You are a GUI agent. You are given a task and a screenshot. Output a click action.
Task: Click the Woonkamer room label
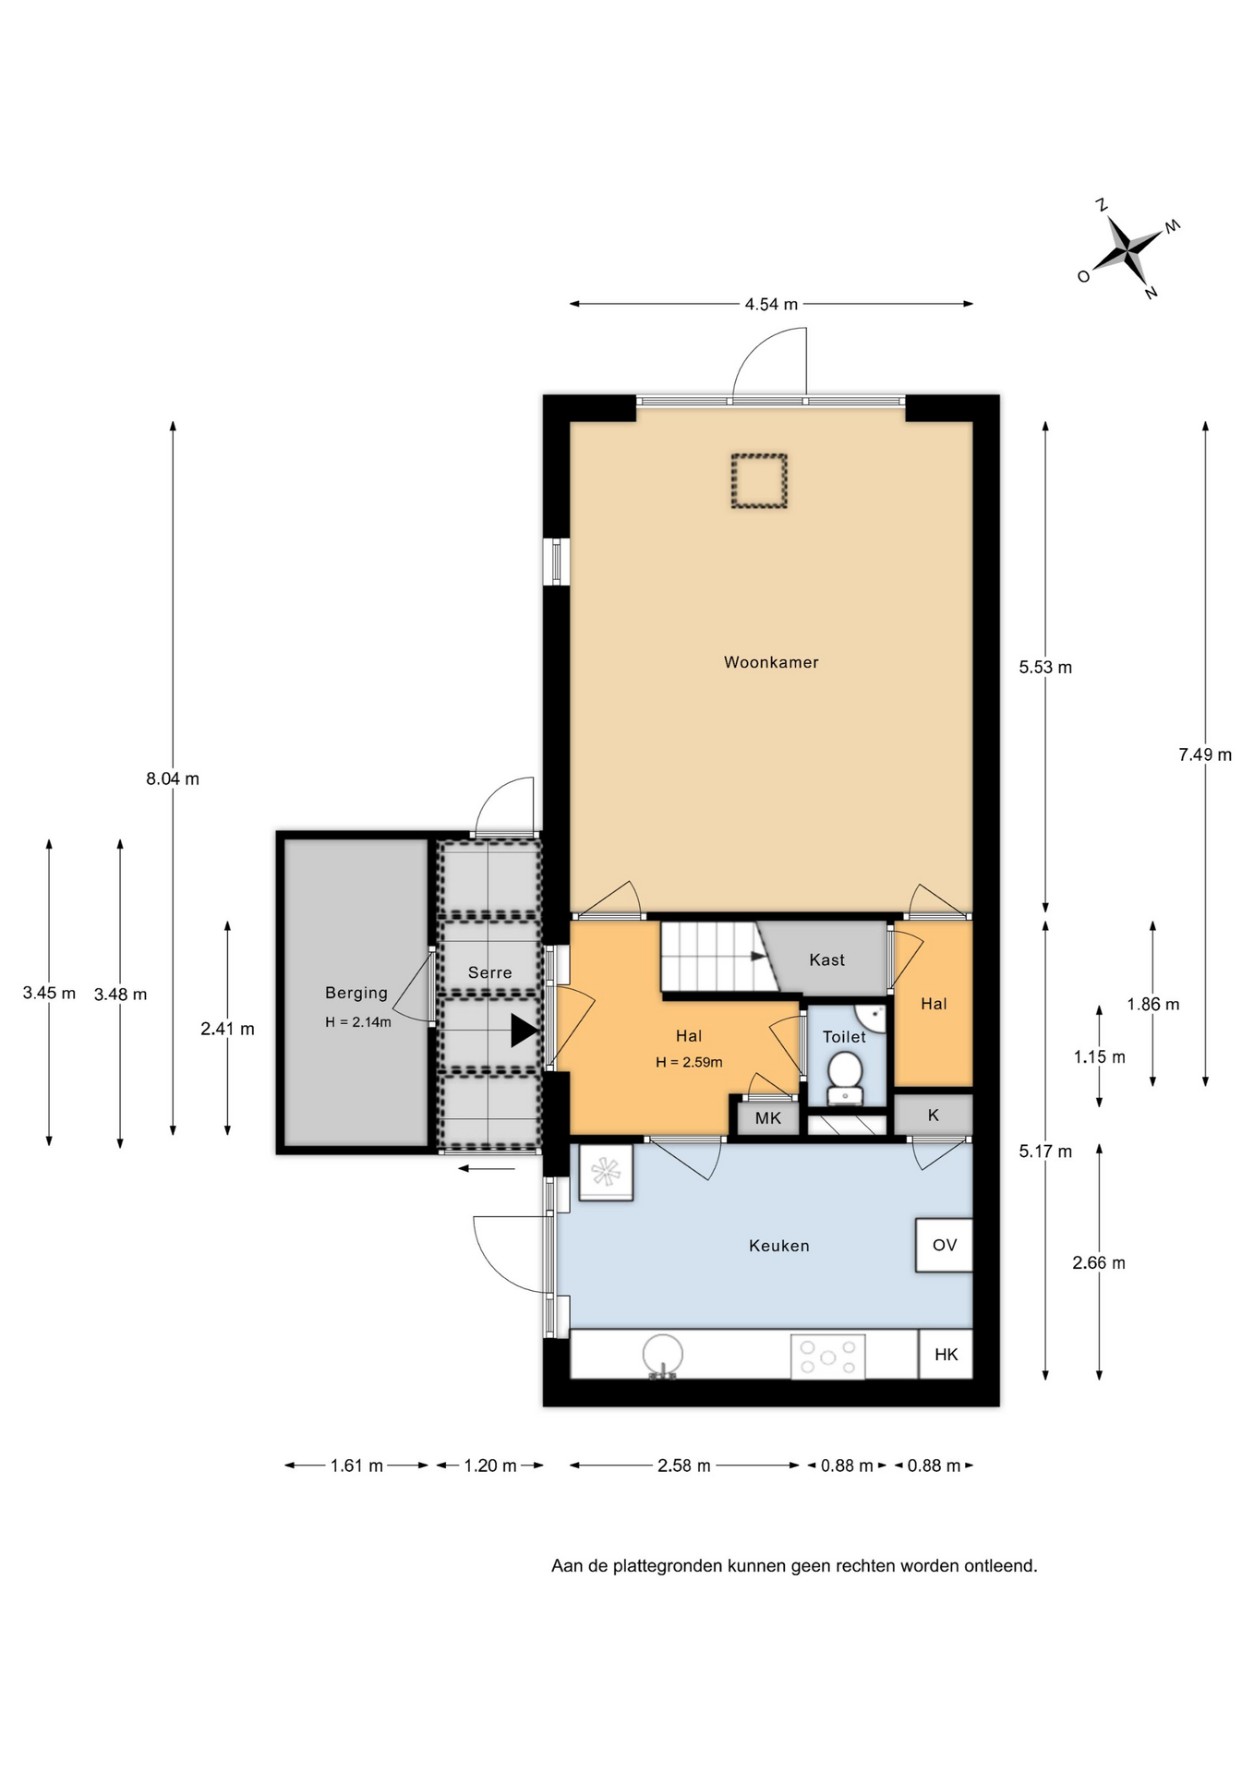771,662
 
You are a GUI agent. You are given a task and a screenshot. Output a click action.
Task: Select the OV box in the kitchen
944,1245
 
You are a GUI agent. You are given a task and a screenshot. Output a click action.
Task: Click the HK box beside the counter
946,1355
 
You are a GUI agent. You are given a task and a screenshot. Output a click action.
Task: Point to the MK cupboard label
768,1118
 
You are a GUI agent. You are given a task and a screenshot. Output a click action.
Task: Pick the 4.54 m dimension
771,304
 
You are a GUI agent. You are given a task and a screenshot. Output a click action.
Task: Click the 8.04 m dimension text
173,778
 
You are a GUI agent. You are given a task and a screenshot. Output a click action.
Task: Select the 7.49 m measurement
1205,754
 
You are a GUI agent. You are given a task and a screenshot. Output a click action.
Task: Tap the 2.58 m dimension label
684,1465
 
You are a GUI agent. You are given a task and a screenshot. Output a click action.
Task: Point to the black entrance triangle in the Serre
524,1031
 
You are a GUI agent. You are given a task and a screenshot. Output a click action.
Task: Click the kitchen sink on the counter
662,1356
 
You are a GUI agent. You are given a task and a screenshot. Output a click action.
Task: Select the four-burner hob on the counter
827,1357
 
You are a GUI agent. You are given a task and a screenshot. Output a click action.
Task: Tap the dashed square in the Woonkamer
759,480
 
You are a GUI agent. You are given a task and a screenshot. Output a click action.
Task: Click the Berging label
356,993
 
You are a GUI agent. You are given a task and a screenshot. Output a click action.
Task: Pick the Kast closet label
826,959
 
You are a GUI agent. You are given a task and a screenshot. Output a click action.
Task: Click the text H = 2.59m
689,1062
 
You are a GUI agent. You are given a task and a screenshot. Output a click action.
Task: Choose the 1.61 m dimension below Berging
356,1465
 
